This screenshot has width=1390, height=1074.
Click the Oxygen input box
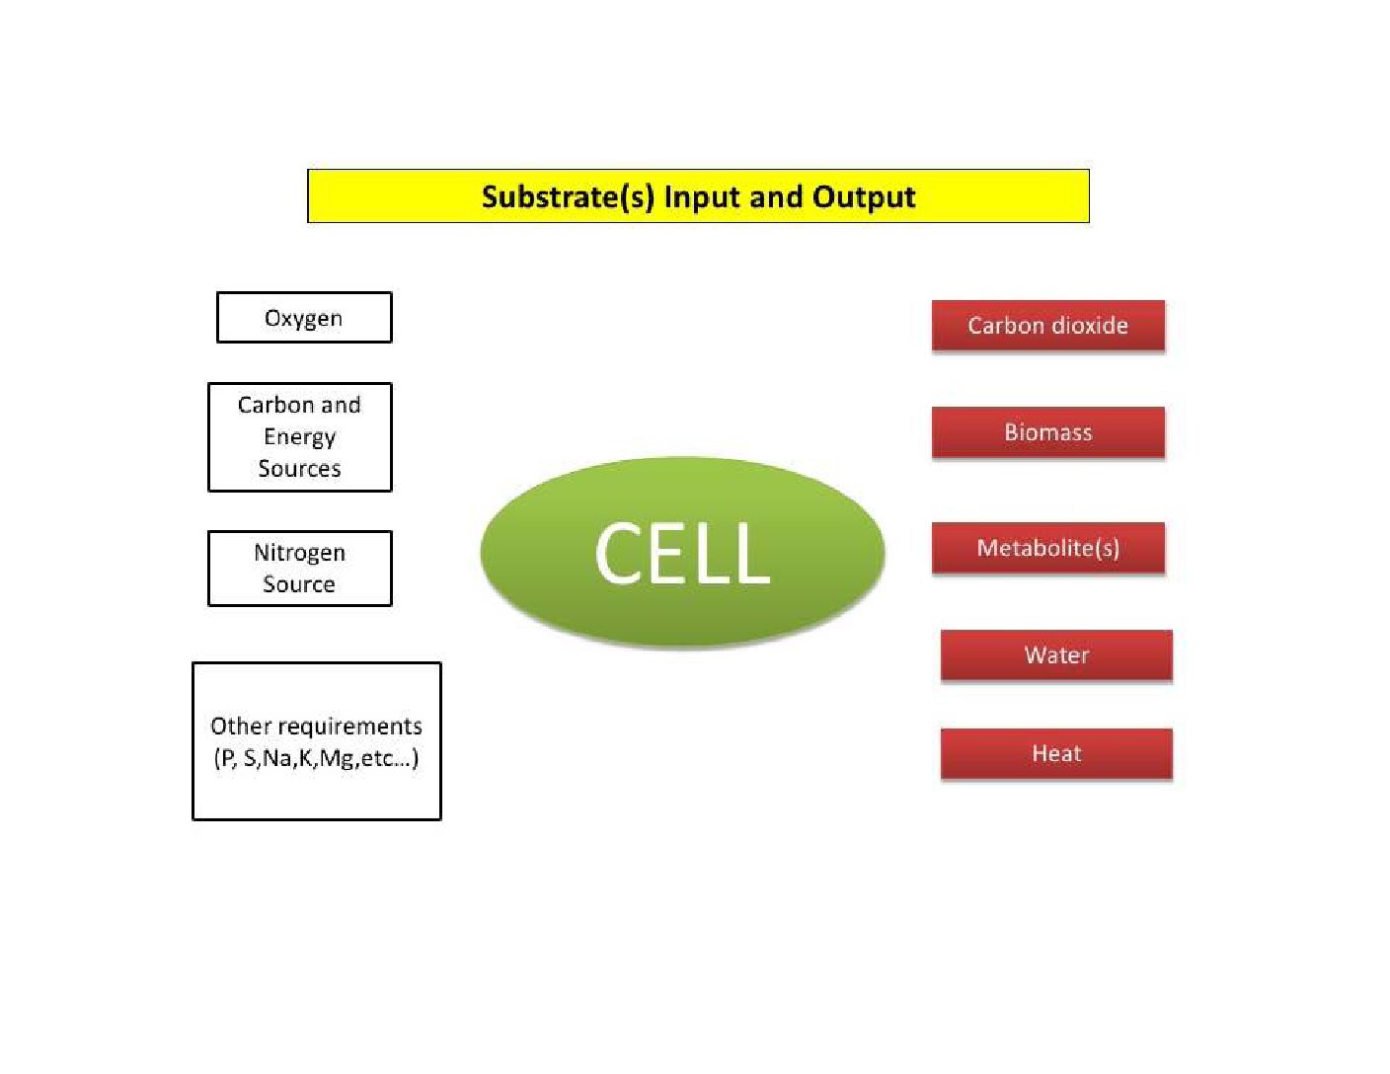(x=304, y=318)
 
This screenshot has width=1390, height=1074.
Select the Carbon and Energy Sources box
(x=299, y=437)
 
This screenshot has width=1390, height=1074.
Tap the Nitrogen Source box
(x=299, y=569)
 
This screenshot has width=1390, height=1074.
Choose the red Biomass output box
(x=1047, y=432)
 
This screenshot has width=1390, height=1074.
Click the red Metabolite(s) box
(x=1047, y=548)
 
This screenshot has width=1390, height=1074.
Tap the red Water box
(x=1056, y=655)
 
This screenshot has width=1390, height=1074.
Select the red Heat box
(x=1056, y=754)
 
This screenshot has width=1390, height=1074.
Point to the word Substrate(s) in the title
(x=568, y=196)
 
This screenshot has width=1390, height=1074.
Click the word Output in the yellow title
(x=864, y=196)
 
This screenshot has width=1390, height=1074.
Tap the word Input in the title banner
(x=703, y=196)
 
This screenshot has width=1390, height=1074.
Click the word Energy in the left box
(x=299, y=437)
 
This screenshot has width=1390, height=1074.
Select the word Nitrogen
(x=299, y=552)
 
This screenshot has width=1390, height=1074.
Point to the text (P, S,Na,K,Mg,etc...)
(x=316, y=758)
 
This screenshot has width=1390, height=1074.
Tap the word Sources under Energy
(x=299, y=469)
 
